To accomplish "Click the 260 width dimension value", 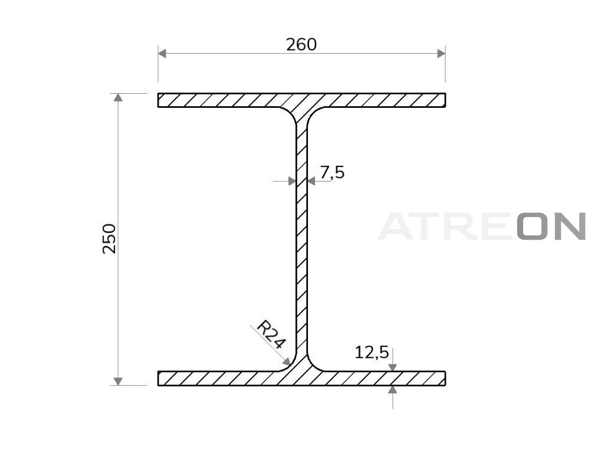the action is (301, 45).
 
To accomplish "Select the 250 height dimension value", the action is (109, 238).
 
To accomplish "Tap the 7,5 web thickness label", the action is (332, 172).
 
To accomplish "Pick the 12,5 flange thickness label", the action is (372, 353).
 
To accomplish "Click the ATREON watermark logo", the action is (482, 226).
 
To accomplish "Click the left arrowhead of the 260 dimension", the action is (162, 54).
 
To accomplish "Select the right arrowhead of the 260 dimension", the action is (441, 54).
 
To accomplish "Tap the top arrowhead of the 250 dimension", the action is (119, 97).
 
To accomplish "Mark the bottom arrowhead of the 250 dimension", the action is (119, 381).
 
